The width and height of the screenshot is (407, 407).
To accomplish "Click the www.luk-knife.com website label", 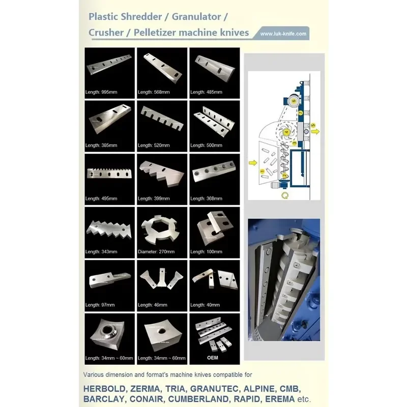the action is click(283, 34).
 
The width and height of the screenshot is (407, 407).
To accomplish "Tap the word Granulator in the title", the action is click(196, 17).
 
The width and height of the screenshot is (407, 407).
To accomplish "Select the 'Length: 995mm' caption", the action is click(101, 92).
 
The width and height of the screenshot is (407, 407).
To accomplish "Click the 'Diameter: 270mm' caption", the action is click(156, 251).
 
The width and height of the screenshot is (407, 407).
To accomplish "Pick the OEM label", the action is click(213, 358).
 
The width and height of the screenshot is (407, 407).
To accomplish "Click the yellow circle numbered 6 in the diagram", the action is click(294, 101).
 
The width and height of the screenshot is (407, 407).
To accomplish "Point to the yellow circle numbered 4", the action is click(286, 132).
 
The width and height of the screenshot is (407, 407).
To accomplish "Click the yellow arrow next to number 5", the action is click(315, 132).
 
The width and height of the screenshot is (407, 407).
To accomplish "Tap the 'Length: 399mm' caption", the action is click(154, 198).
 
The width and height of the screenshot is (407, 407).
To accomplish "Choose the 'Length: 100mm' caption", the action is click(206, 251).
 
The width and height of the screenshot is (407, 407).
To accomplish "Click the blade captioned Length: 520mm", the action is click(162, 119).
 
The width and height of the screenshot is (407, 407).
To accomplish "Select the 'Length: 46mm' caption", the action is click(152, 305).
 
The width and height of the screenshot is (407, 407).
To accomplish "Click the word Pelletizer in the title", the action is click(155, 33).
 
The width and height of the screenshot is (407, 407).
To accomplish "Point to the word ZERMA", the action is click(145, 389).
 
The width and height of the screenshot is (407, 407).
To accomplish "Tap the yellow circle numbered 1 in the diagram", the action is click(262, 171).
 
